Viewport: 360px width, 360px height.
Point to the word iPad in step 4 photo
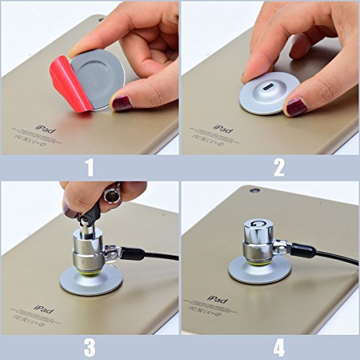click(216, 299)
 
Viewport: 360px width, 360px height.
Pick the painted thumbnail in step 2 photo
click(297, 107)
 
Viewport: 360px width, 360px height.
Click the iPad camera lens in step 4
click(255, 192)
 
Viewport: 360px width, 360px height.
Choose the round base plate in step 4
click(260, 273)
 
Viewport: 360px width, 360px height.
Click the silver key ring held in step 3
click(112, 192)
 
